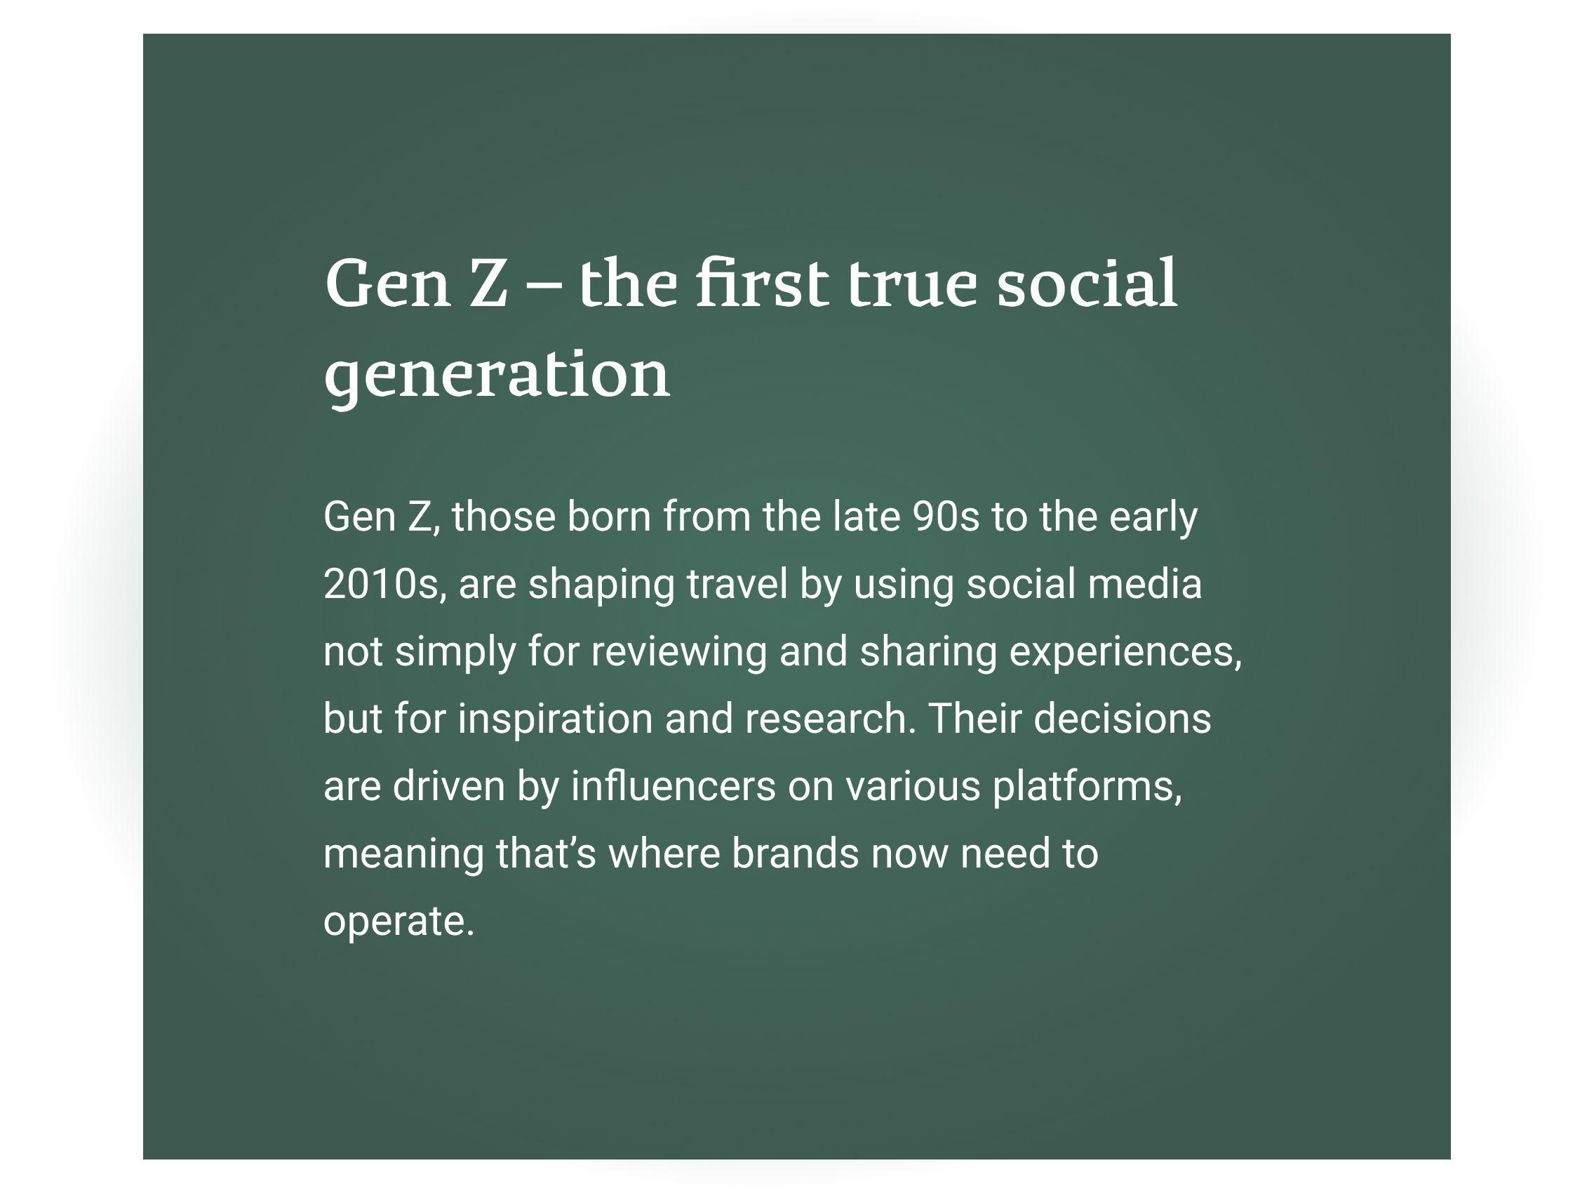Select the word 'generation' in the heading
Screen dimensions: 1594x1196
tap(497, 376)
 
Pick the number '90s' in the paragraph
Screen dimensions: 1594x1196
tap(946, 517)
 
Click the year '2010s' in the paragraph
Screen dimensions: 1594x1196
tap(380, 584)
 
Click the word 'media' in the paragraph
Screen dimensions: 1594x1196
tap(1145, 583)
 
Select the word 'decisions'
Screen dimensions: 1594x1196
tap(1123, 718)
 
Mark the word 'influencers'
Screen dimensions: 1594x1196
tap(673, 786)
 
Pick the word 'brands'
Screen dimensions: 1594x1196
tap(795, 853)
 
